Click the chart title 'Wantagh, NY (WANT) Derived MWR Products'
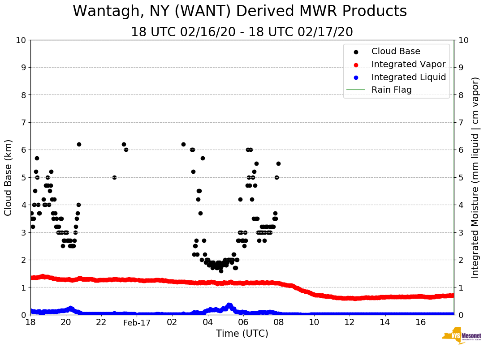point(240,11)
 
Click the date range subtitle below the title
point(242,32)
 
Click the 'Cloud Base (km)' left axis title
point(9,177)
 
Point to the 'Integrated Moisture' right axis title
point(475,177)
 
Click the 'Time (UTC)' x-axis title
point(242,334)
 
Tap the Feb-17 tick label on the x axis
point(137,322)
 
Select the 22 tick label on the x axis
point(101,322)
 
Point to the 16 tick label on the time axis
point(420,322)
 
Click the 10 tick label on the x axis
point(314,322)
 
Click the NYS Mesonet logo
point(462,336)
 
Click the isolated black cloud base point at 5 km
point(114,177)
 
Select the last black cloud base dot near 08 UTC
point(278,163)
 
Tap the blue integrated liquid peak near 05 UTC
point(229,305)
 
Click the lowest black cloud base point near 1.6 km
point(221,271)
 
